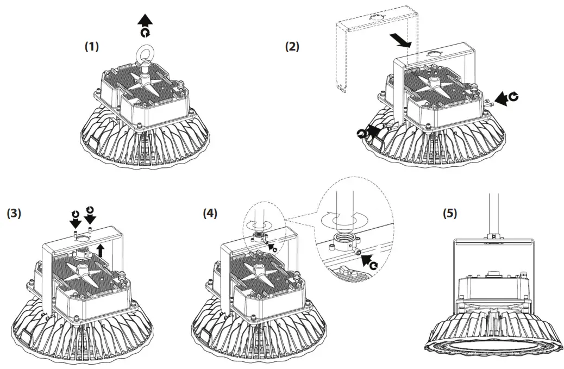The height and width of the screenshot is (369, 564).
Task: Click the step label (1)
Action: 91,47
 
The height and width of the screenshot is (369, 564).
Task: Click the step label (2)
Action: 292,47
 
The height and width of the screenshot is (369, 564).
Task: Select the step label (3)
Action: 14,214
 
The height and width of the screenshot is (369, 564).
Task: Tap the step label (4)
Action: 209,214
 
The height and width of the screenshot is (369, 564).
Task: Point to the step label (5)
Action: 449,214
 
